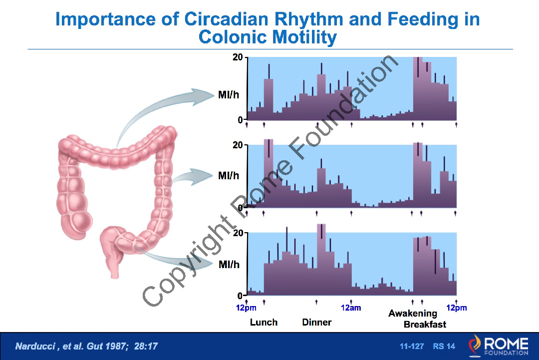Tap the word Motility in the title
click(302, 37)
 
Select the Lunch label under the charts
click(264, 322)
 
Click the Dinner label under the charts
click(317, 322)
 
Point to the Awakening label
click(413, 314)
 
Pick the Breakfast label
click(425, 324)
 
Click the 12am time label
click(351, 308)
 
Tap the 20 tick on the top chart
click(238, 57)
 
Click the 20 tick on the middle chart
click(238, 145)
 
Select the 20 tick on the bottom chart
click(238, 233)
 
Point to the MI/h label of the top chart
click(229, 94)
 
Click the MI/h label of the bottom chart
click(229, 264)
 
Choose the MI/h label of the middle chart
click(229, 176)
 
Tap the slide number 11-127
click(412, 346)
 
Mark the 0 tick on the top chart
click(241, 120)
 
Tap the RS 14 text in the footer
click(444, 346)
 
